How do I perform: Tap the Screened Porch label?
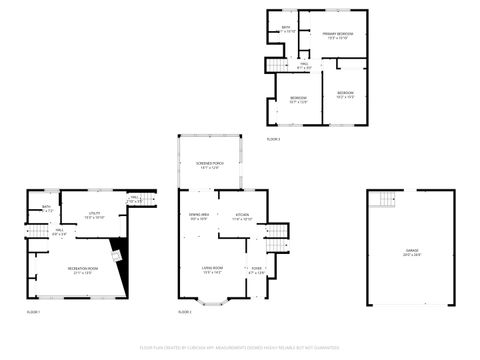click(209, 165)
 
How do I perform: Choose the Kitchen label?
click(242, 216)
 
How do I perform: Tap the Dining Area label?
click(198, 216)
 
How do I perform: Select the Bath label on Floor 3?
click(286, 28)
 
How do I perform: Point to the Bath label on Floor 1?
click(45, 209)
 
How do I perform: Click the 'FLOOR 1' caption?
click(33, 313)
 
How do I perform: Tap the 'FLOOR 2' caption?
click(185, 313)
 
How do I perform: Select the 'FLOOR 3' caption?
click(273, 139)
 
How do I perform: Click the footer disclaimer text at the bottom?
click(240, 349)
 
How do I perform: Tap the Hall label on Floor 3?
click(303, 66)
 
